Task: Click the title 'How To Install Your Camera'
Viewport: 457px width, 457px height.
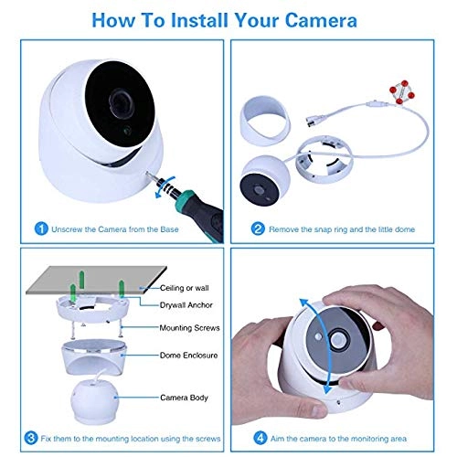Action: tap(228, 17)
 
